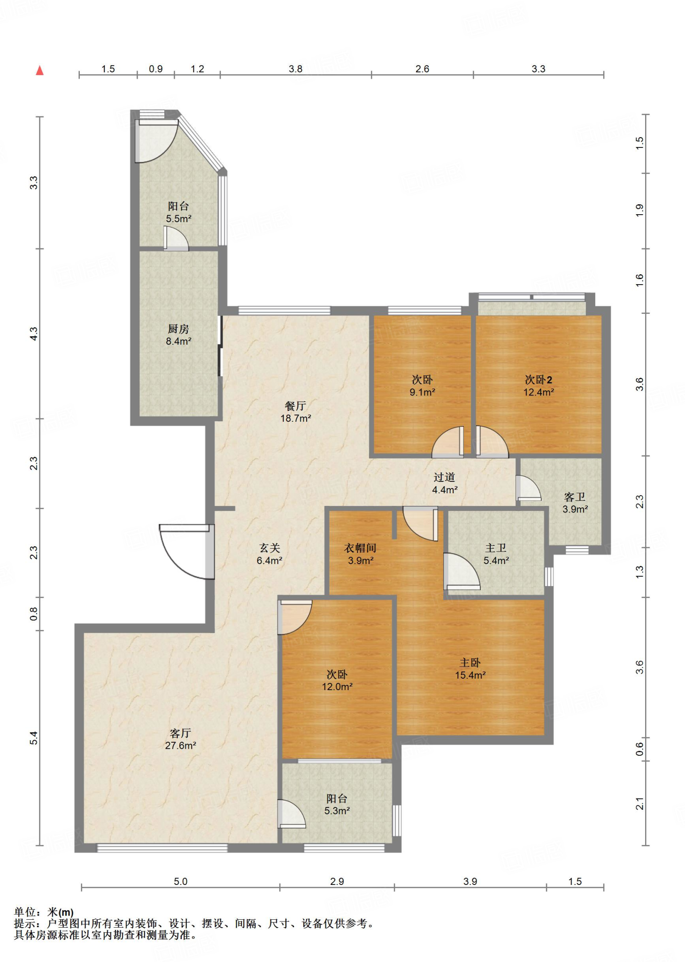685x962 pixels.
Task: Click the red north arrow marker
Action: [40, 70]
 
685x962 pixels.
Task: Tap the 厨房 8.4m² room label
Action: [178, 335]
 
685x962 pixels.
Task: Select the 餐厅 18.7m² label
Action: [296, 412]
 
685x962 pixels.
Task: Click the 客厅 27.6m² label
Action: [180, 739]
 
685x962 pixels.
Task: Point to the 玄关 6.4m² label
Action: [269, 554]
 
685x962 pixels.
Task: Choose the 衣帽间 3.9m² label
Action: [361, 554]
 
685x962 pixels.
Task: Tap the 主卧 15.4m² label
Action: [470, 669]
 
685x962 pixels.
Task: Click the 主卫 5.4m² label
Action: [496, 554]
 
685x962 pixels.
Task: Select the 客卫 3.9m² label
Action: [575, 503]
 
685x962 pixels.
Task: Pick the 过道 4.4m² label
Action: [445, 483]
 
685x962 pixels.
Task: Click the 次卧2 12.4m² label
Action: [539, 386]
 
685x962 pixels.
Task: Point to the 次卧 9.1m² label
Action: [422, 386]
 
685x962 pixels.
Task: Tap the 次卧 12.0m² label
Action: [337, 681]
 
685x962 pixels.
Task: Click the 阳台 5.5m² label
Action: [178, 212]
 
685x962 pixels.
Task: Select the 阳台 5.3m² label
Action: [337, 805]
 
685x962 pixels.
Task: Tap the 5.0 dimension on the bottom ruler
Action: [181, 881]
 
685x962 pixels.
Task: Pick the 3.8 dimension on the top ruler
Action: [296, 69]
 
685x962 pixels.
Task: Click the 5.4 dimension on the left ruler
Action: [34, 738]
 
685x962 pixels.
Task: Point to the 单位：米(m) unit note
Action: [44, 912]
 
